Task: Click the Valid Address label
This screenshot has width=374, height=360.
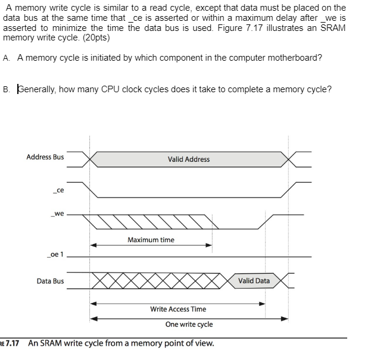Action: [x=188, y=159]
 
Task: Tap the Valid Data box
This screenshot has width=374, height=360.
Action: [x=254, y=281]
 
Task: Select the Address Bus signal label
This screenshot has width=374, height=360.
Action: [x=45, y=157]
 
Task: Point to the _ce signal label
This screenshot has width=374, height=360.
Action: [x=58, y=190]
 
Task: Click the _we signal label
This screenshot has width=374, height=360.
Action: [x=57, y=213]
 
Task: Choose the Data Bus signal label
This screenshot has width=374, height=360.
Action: [x=50, y=281]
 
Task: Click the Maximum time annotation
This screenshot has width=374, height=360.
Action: [x=151, y=240]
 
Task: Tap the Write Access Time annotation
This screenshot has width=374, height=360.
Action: [x=178, y=309]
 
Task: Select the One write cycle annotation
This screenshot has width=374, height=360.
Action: [x=189, y=324]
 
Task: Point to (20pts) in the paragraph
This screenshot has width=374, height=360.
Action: [x=94, y=37]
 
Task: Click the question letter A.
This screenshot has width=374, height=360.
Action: [x=5, y=58]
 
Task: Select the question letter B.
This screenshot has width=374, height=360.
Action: [x=5, y=90]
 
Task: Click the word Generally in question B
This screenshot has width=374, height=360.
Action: [x=38, y=90]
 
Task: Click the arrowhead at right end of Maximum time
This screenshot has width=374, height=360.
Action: [x=210, y=245]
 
